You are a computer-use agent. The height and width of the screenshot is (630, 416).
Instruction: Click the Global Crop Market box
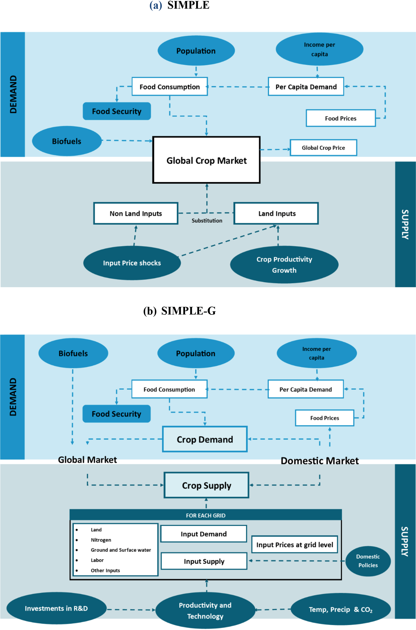(x=207, y=160)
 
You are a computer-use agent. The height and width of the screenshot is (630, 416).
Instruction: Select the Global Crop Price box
(x=324, y=148)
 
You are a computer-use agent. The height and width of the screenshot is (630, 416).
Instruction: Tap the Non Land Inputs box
(x=136, y=214)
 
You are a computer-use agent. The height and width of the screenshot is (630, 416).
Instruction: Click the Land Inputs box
(x=276, y=214)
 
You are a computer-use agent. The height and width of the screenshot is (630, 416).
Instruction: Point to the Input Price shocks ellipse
(x=132, y=263)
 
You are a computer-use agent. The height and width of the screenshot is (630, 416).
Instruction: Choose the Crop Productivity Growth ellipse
(x=284, y=265)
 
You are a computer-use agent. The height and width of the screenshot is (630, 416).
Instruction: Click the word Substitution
(x=207, y=221)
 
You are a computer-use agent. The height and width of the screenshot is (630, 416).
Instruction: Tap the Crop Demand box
(x=205, y=439)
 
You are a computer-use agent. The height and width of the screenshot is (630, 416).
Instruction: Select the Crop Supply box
(x=207, y=485)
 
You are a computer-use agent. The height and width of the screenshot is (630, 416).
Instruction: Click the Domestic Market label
(x=320, y=461)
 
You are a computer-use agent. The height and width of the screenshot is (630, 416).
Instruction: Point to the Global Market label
(x=88, y=460)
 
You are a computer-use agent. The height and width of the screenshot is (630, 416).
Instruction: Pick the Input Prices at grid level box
(x=295, y=545)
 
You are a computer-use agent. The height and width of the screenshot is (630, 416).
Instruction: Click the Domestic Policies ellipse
(x=368, y=561)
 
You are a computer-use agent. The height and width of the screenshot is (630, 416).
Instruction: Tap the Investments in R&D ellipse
(x=56, y=609)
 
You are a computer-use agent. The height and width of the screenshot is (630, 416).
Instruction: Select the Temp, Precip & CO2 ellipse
(x=341, y=610)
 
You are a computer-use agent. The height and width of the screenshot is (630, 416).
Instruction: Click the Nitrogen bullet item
(x=101, y=540)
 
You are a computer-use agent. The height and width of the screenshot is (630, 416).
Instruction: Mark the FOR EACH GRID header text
(x=206, y=516)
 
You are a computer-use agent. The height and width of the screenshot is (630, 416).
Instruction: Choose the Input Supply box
(x=204, y=561)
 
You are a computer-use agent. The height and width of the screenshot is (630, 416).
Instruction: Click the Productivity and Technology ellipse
(x=205, y=611)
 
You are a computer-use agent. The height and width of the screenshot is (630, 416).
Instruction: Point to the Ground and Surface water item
(x=121, y=550)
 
